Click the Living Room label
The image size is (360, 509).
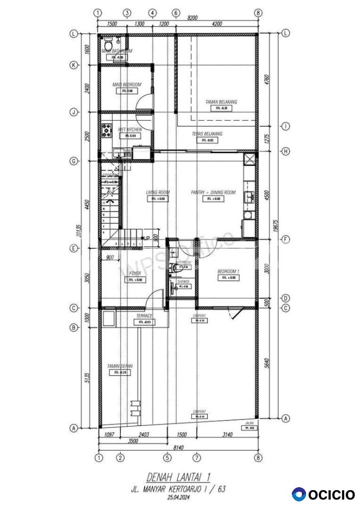coord(157,192)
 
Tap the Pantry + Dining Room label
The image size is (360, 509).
coord(213,192)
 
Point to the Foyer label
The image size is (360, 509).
coord(135,273)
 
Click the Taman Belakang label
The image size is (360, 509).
coord(221,102)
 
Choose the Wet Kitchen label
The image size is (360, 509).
coord(130,130)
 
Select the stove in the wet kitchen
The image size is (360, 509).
coord(106,131)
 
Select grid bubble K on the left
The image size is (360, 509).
coord(74,65)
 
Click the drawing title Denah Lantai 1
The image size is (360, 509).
coord(178,477)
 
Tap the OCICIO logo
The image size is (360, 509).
coord(324,494)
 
